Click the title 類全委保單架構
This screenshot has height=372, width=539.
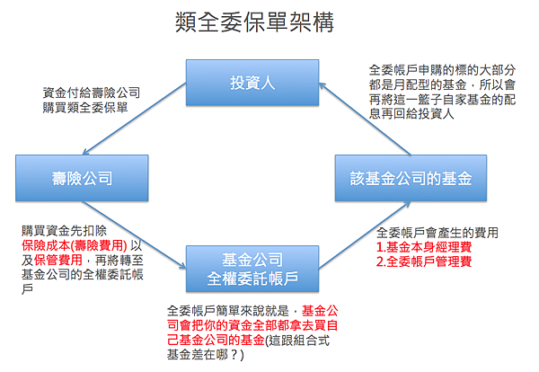point(256,22)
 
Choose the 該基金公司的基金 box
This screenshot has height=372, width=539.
point(411,178)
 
